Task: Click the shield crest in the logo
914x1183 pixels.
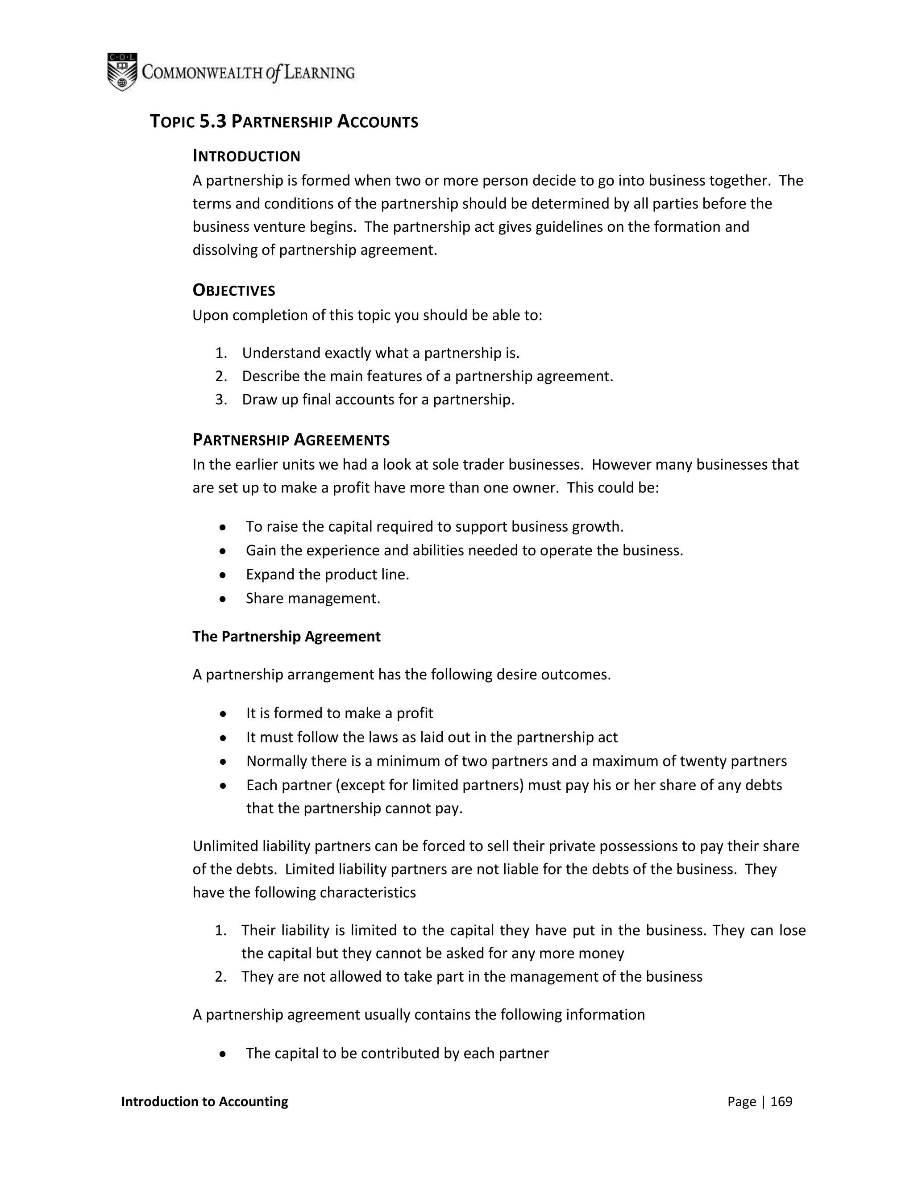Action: click(x=122, y=71)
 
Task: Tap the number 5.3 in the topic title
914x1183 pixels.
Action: click(x=213, y=121)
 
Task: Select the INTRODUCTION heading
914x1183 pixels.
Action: click(x=246, y=157)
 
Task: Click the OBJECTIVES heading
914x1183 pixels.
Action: click(x=234, y=291)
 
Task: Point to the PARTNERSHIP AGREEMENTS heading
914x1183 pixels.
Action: click(x=291, y=440)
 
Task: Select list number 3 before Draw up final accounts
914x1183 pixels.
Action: click(x=220, y=400)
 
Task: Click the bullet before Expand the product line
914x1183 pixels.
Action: click(x=223, y=575)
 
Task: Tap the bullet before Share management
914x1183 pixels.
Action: click(x=223, y=599)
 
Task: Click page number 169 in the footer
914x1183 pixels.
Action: click(x=781, y=1101)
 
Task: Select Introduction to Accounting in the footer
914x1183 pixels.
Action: click(x=205, y=1101)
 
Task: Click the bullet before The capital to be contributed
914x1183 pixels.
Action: click(x=223, y=1054)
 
